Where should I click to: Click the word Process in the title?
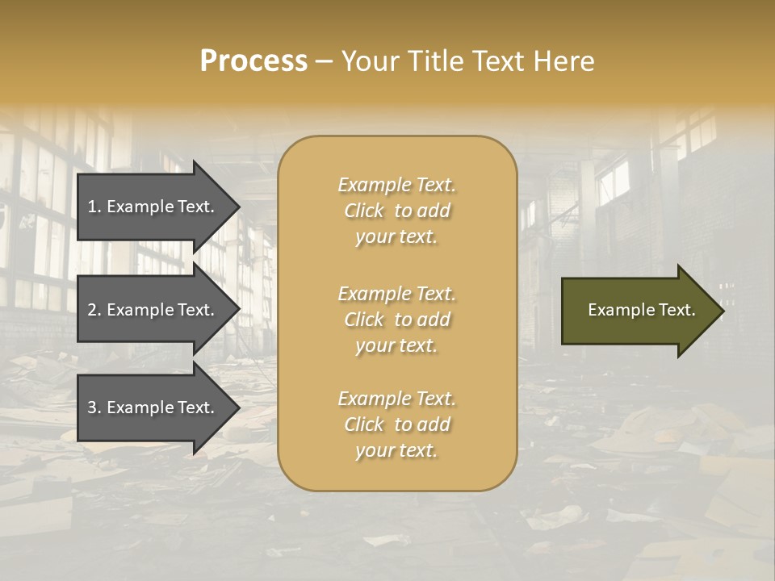tap(253, 61)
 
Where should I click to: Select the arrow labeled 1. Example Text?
tap(153, 207)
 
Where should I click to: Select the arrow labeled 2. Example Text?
tap(153, 310)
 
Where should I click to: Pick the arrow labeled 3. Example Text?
tap(153, 408)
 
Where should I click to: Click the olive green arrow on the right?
tap(638, 310)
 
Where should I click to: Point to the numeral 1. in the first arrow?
tap(94, 207)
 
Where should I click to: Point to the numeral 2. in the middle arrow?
tap(94, 310)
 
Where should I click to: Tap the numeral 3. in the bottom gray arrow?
tap(94, 408)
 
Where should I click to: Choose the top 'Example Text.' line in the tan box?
tap(397, 185)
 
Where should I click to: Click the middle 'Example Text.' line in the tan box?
tap(397, 294)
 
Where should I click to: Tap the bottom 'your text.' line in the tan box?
tap(397, 451)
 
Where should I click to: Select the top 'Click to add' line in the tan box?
tap(397, 211)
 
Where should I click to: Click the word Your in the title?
tap(365, 61)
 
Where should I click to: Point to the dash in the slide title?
tap(324, 62)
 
